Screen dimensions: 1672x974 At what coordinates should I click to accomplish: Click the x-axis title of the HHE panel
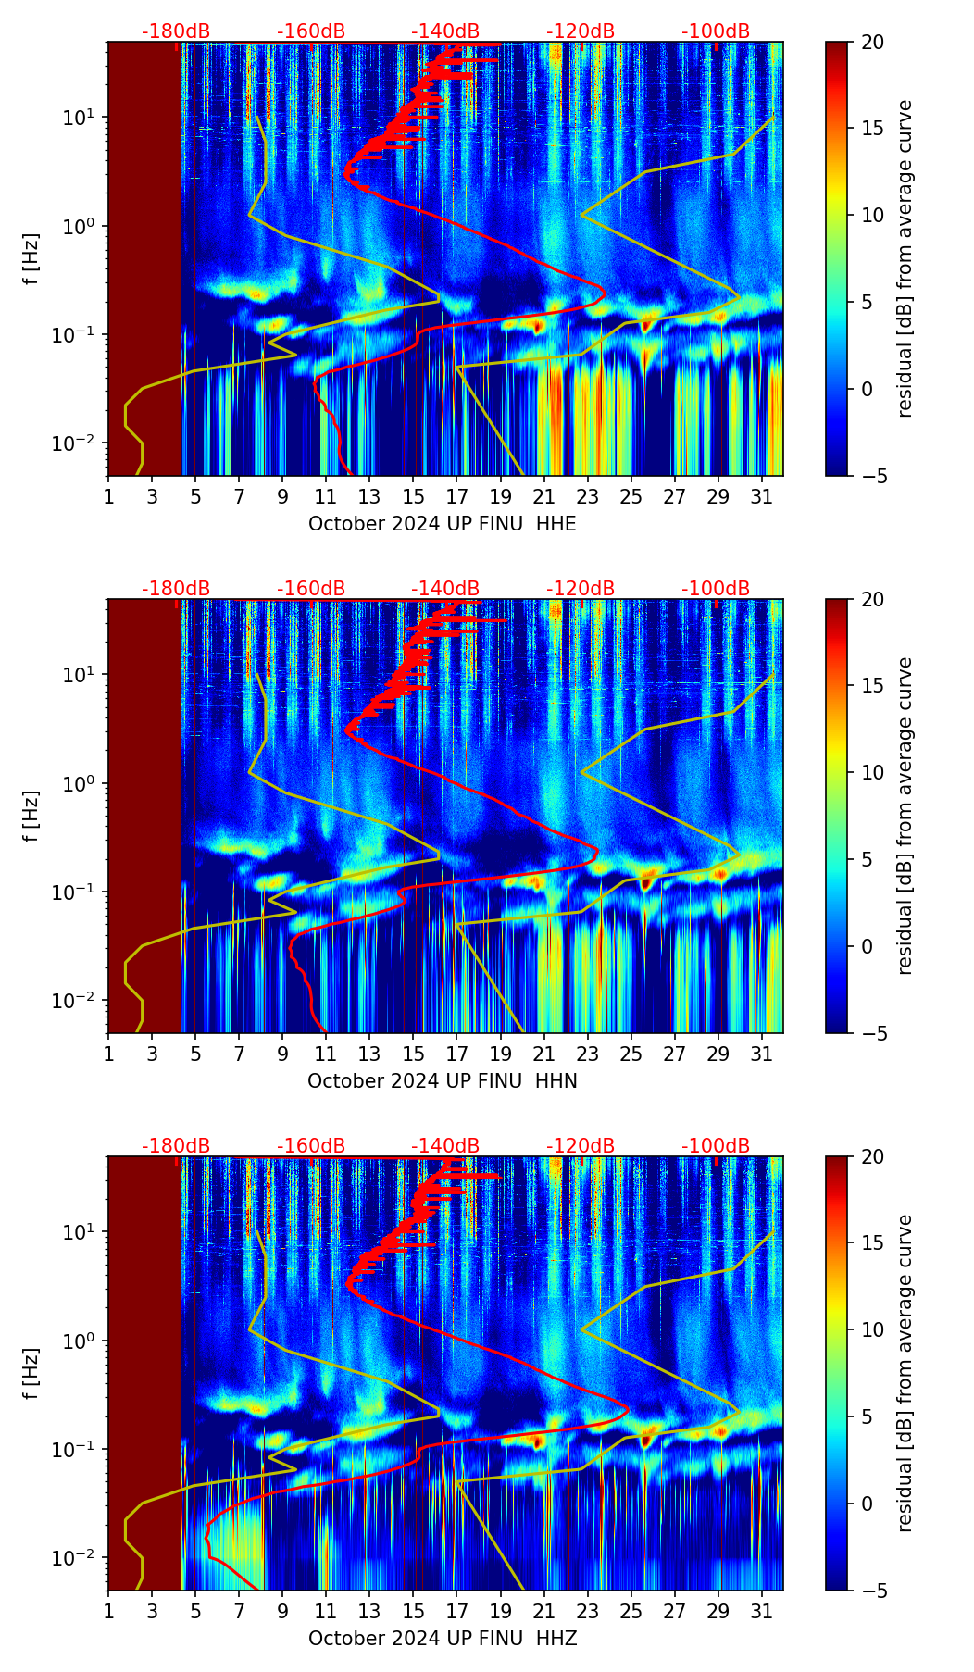click(x=442, y=524)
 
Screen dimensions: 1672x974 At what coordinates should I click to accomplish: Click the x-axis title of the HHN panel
click(x=442, y=1081)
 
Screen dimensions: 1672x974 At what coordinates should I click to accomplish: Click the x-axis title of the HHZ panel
click(x=442, y=1639)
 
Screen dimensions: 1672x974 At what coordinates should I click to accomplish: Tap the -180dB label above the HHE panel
click(x=176, y=31)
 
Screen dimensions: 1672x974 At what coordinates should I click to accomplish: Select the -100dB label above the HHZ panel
click(x=716, y=1146)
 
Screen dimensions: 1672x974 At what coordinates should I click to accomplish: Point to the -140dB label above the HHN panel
click(x=445, y=589)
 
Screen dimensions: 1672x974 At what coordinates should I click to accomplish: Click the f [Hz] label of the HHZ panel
click(x=31, y=1373)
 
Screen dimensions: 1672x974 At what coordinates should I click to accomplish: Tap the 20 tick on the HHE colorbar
click(x=873, y=43)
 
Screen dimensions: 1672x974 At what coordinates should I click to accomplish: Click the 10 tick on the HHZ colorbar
click(x=873, y=1330)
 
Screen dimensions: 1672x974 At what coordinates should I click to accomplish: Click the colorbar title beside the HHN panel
click(x=905, y=816)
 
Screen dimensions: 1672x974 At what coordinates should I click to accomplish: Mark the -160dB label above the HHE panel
click(x=311, y=31)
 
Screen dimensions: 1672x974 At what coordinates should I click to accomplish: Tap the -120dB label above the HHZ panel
click(x=581, y=1146)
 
